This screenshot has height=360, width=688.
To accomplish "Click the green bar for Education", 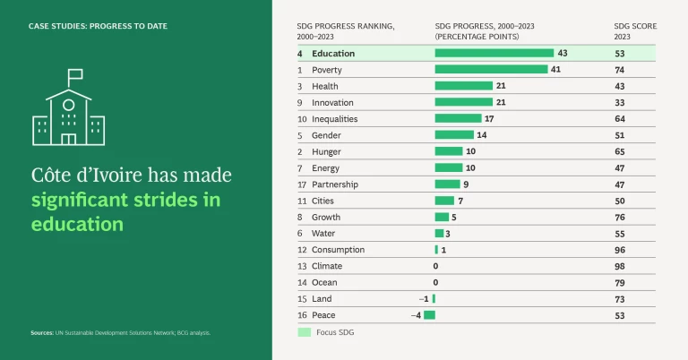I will click(x=494, y=54).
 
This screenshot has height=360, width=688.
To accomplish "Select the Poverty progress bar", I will click(x=491, y=70).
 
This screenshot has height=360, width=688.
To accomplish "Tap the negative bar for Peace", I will click(x=429, y=314).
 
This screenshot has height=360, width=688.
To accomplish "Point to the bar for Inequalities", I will click(x=458, y=118).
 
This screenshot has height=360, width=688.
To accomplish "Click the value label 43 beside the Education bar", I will click(x=563, y=54).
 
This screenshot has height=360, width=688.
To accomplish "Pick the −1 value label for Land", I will click(x=424, y=298).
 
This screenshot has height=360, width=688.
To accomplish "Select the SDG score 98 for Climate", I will click(x=619, y=266).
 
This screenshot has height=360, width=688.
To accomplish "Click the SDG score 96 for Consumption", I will click(x=619, y=250).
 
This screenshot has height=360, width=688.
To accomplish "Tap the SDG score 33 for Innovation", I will click(x=619, y=102).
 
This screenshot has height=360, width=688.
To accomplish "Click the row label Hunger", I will click(x=325, y=151).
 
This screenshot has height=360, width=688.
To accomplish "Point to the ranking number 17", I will click(x=302, y=184).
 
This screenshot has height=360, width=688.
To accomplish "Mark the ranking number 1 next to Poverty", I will click(x=300, y=70).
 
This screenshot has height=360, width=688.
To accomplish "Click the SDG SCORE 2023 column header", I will click(x=634, y=31).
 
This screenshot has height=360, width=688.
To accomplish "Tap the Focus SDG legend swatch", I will click(x=304, y=332).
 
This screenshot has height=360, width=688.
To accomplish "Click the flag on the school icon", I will click(x=75, y=75).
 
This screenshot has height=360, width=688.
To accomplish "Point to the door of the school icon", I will click(x=69, y=139).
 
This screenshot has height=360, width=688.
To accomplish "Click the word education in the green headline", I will click(x=77, y=224).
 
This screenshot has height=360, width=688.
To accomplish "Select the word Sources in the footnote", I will click(x=41, y=332).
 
